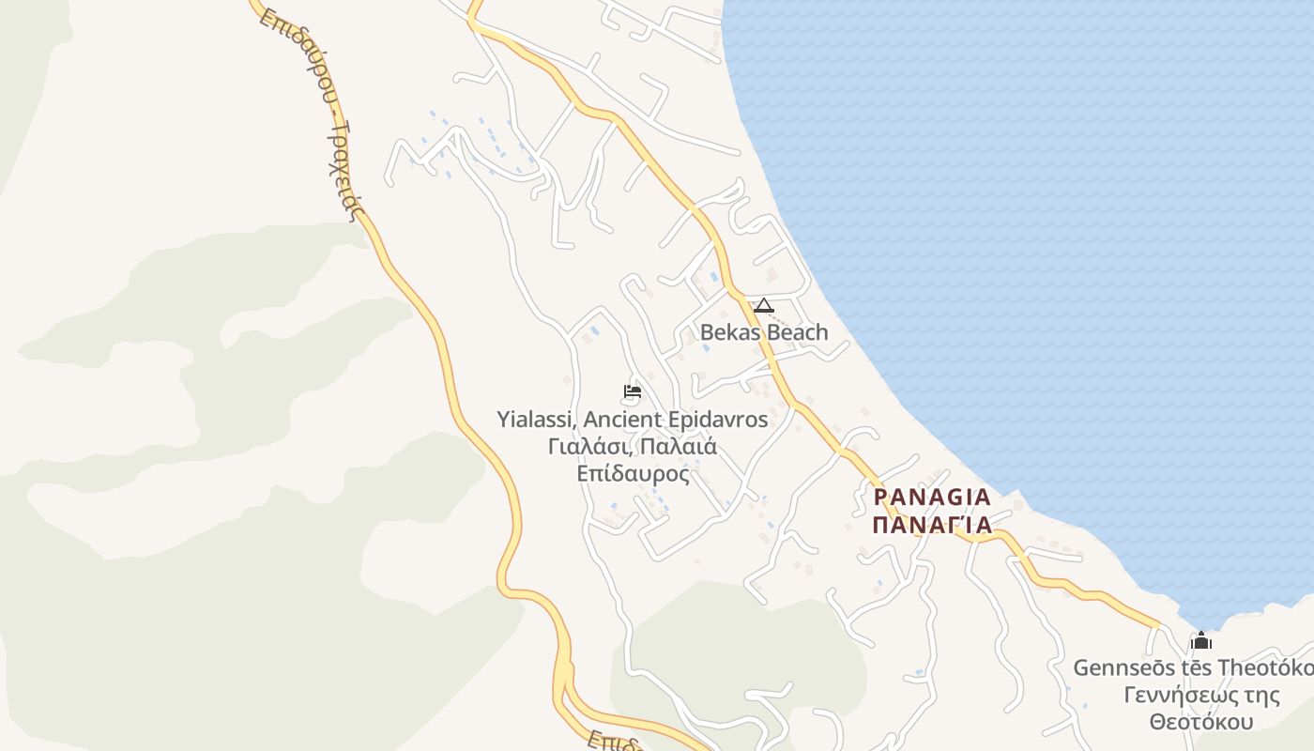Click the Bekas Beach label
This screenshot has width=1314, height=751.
764,332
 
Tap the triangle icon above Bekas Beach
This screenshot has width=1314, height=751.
764,305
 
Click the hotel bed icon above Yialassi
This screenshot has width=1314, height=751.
633,391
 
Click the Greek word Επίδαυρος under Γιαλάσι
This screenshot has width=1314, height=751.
634,473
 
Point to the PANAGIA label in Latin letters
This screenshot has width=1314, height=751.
932,497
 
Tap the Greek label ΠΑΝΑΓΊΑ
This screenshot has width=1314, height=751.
932,525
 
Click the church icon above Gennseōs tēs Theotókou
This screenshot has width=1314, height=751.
1201,641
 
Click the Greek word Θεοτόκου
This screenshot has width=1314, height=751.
1202,722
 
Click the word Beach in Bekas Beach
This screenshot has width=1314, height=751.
796,332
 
